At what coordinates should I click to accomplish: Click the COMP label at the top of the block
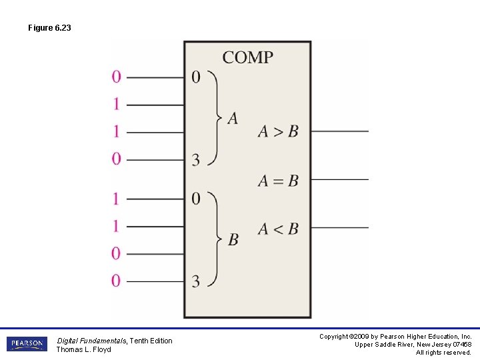[x=247, y=57]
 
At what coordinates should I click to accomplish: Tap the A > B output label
[x=278, y=131]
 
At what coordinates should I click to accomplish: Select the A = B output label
[x=278, y=180]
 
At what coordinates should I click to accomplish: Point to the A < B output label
[x=278, y=229]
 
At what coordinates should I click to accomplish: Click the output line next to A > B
[x=339, y=131]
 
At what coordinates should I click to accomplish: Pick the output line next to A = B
[x=339, y=179]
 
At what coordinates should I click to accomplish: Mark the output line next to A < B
[x=339, y=228]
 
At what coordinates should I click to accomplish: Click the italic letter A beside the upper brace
[x=233, y=119]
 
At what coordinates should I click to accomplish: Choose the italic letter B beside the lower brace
[x=233, y=239]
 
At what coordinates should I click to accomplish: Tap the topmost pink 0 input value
[x=117, y=77]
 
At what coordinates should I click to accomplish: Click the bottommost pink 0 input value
[x=117, y=281]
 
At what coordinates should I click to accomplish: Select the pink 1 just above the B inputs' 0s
[x=117, y=226]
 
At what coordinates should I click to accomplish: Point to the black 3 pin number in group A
[x=195, y=159]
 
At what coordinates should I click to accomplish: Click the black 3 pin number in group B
[x=195, y=281]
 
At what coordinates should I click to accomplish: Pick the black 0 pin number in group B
[x=195, y=199]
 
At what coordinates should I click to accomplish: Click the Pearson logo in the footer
[x=27, y=344]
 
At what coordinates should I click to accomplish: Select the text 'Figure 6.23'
[x=49, y=28]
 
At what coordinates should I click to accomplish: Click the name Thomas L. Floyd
[x=83, y=349]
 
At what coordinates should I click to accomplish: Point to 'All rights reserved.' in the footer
[x=443, y=353]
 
